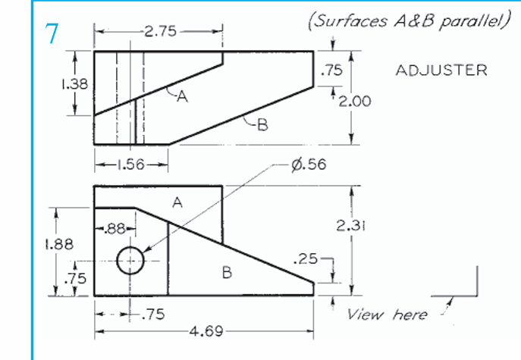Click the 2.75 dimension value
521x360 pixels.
(x=158, y=32)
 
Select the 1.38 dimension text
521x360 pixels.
(x=74, y=84)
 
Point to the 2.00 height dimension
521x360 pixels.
(x=355, y=101)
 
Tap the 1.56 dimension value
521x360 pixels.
(x=130, y=164)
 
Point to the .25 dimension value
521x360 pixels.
(x=306, y=259)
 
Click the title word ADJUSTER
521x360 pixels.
(x=441, y=70)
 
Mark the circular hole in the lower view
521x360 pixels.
(x=131, y=261)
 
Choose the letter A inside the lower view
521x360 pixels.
(x=177, y=202)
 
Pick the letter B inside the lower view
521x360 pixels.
(x=226, y=273)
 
